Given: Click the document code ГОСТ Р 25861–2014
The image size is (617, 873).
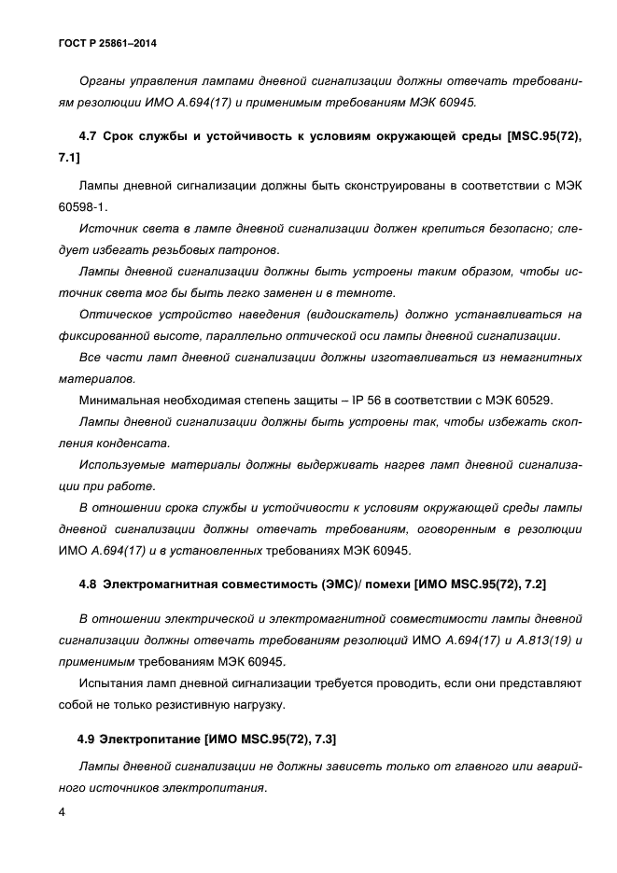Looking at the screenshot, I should pos(101,44).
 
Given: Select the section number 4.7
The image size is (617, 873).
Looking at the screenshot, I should pos(90,137).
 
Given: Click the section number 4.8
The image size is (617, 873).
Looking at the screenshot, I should pos(89,584).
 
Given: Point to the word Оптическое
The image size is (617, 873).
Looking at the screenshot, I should pos(116,315).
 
